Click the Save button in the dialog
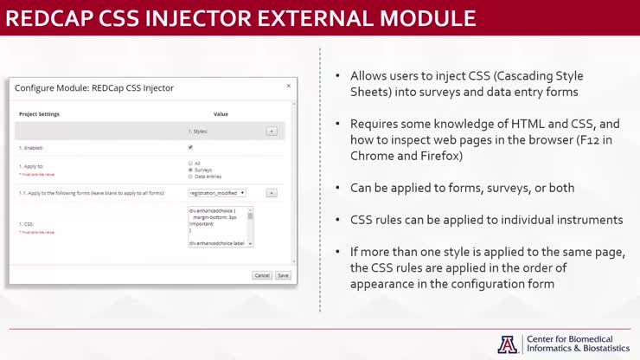tap(283, 275)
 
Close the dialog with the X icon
tap(289, 86)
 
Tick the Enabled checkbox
tap(190, 147)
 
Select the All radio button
tap(190, 163)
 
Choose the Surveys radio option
tap(190, 170)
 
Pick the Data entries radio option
tap(190, 177)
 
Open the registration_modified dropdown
tap(217, 193)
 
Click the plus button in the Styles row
tap(271, 131)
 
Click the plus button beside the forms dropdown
tap(271, 193)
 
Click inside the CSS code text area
tap(217, 227)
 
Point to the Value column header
tap(221, 114)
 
